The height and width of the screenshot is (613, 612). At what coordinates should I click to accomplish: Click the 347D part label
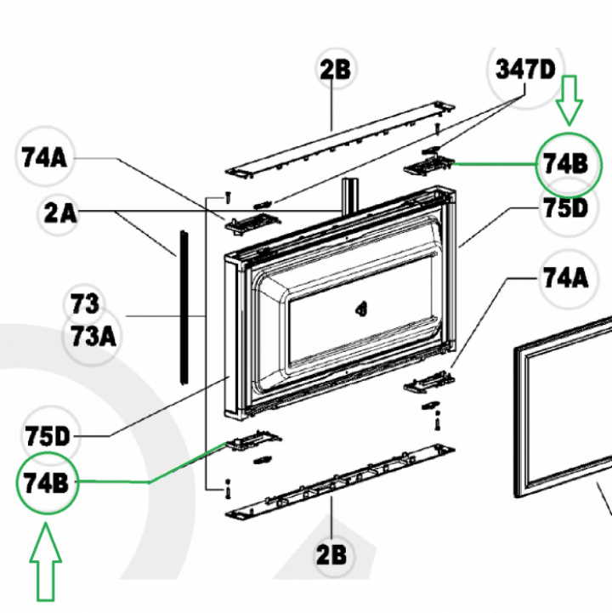525,70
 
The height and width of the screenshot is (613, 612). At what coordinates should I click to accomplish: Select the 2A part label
60,213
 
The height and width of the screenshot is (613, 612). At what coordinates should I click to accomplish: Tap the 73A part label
93,337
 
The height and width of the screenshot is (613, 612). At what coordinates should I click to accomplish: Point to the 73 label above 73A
85,304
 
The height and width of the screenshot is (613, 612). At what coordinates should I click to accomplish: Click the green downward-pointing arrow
569,100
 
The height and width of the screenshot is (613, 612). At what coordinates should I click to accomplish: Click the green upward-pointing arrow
46,567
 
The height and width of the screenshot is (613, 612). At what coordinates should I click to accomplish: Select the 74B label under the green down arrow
566,164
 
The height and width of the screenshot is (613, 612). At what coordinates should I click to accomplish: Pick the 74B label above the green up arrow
46,483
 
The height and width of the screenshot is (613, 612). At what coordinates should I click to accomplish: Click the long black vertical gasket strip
184,307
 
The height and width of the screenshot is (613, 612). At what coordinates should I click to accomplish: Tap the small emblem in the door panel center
361,309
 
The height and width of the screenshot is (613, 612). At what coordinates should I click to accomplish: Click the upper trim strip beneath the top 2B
340,140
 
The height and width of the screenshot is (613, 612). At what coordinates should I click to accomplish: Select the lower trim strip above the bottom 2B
340,482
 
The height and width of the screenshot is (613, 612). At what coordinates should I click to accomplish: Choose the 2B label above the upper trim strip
335,70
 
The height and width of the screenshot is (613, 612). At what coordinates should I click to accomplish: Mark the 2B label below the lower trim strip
331,555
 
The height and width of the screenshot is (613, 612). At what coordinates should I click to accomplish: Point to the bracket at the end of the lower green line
252,440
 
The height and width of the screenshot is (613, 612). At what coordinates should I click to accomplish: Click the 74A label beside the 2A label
44,158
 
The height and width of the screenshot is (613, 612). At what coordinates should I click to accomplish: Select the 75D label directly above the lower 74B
47,436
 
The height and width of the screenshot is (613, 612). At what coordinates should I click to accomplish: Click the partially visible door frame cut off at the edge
563,406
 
